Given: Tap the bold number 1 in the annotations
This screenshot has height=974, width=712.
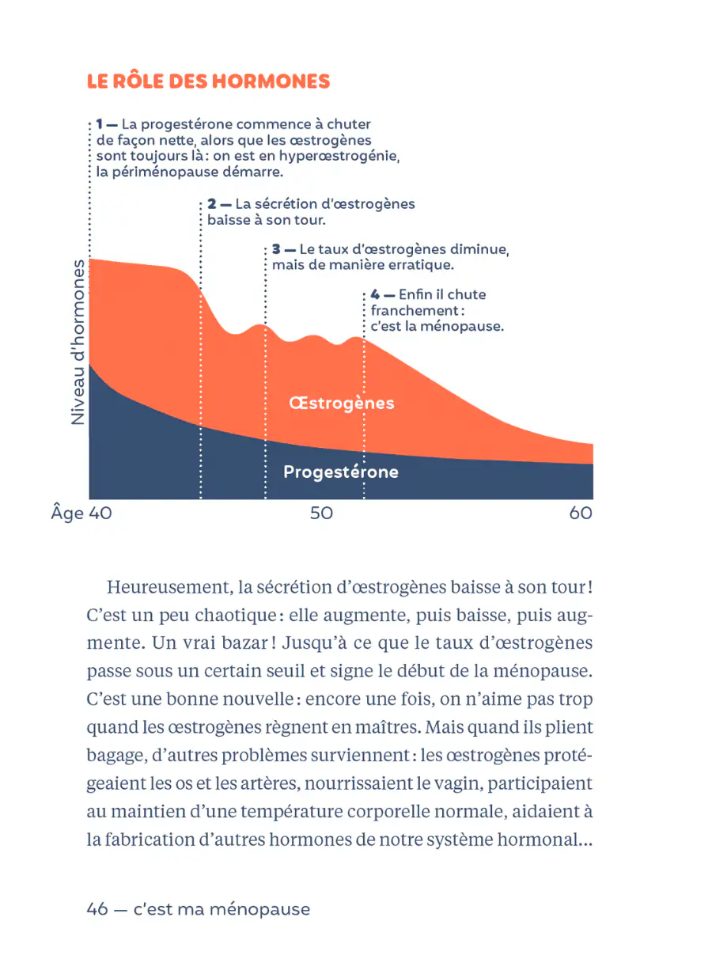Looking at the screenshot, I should click(100, 124).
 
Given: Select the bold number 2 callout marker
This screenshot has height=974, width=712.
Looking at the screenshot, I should click(213, 204).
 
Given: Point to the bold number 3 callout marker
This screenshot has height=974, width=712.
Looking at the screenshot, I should click(277, 249).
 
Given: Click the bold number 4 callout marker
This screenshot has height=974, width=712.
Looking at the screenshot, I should click(375, 294).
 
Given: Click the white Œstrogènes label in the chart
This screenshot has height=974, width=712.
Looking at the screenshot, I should click(342, 404).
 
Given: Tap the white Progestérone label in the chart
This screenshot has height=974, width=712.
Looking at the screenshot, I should click(341, 472).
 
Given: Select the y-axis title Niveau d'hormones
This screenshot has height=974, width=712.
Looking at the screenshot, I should click(78, 341).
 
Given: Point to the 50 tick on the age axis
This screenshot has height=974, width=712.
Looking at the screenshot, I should click(321, 514).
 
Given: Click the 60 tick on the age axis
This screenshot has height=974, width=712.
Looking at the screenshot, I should click(580, 514).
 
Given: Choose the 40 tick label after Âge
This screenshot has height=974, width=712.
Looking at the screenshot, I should click(100, 514).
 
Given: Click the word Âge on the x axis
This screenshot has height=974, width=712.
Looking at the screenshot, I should click(67, 514).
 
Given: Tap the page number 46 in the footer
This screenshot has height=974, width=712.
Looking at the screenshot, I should click(97, 910).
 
